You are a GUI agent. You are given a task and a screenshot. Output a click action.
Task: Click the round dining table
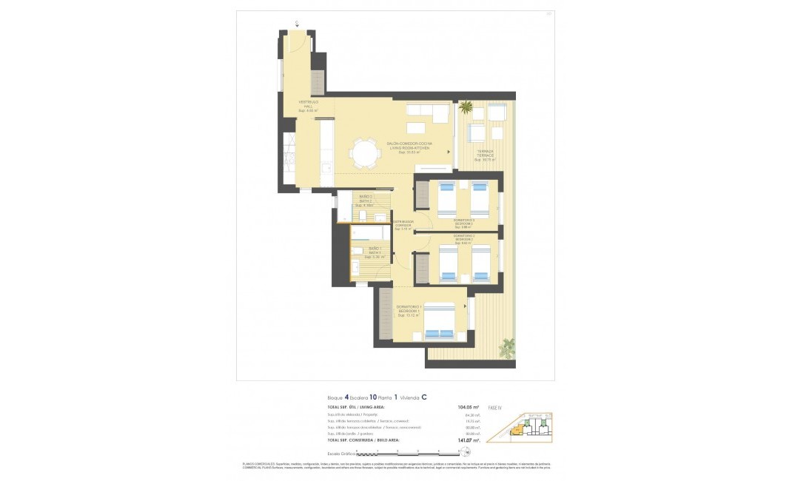(363, 154)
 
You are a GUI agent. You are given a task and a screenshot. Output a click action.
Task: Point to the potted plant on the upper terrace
(466, 108)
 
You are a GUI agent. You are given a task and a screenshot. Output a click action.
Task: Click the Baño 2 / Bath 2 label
(366, 201)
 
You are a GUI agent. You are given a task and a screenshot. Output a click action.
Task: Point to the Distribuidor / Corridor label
(403, 225)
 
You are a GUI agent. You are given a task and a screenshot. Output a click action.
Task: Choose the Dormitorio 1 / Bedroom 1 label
(409, 309)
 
